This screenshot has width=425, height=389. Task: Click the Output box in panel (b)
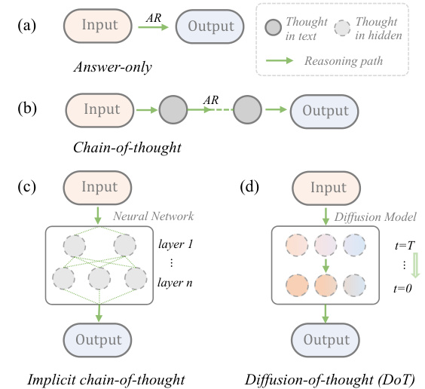[324, 109]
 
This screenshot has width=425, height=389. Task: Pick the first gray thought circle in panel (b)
[171, 110]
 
